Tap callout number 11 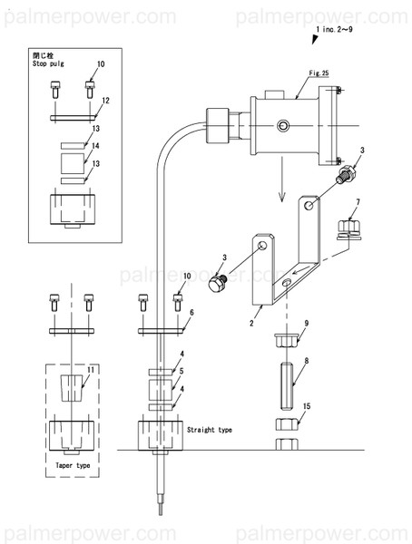click(90, 371)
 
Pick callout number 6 click(191, 311)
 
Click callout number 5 click(181, 371)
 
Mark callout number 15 click(307, 407)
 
